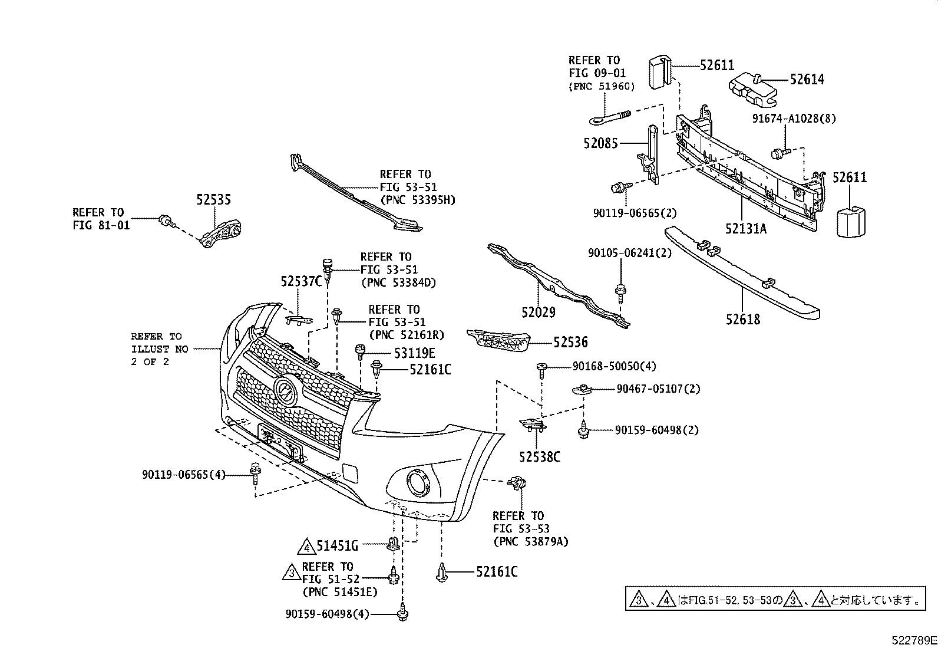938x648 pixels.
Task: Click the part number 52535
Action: click(213, 200)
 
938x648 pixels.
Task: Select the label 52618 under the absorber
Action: click(743, 320)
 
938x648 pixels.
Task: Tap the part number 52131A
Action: click(746, 229)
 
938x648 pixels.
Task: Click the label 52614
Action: click(807, 80)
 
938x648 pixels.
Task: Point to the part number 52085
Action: click(601, 143)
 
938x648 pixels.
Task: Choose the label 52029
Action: click(538, 312)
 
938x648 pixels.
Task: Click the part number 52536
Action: click(570, 342)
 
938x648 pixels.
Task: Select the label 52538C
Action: click(539, 456)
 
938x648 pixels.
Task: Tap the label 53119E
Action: click(414, 353)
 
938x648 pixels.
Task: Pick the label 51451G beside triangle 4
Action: click(337, 546)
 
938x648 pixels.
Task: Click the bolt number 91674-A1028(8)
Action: click(794, 119)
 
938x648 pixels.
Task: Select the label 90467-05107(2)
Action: click(658, 389)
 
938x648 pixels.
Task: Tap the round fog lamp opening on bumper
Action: click(420, 483)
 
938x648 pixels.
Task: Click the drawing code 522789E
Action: click(913, 640)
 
